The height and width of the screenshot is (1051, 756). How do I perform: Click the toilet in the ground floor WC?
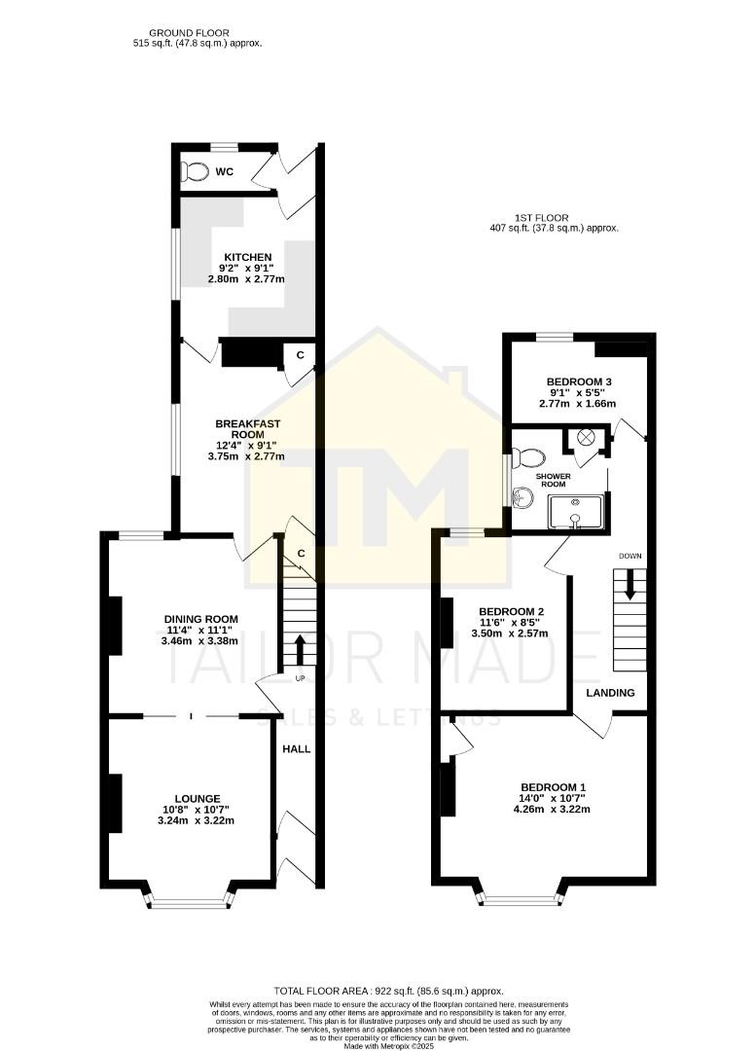tap(196, 172)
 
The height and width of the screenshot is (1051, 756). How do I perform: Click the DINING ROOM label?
tap(200, 619)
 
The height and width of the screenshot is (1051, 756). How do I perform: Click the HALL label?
tap(296, 749)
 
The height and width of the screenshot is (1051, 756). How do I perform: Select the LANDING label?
tap(610, 693)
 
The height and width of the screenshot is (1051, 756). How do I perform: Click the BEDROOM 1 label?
tap(554, 787)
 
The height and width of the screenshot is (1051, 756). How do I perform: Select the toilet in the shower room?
tap(528, 455)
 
